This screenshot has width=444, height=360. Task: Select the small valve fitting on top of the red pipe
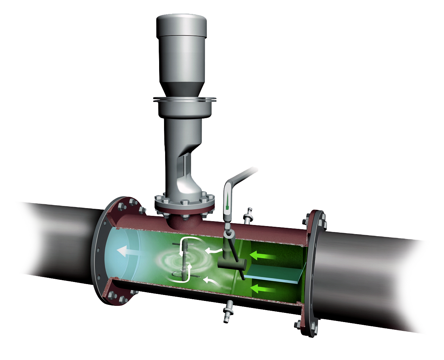click(249, 216)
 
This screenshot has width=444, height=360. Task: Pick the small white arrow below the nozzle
click(211, 281)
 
